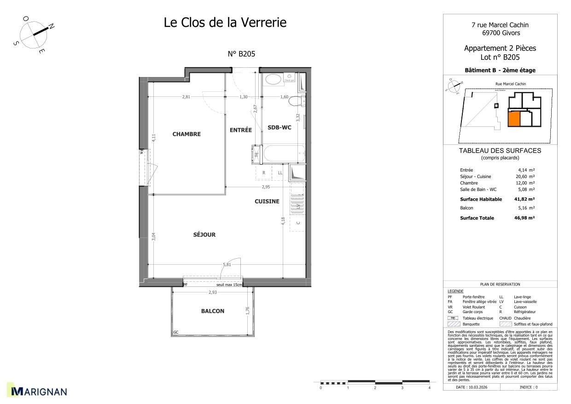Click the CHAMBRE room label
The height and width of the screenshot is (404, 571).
(x=186, y=134)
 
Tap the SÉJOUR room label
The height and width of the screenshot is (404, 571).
(x=204, y=235)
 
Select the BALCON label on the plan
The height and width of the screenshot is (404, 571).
(x=212, y=311)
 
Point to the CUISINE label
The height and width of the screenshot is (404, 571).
(x=267, y=201)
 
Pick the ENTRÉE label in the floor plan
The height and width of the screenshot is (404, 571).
(x=240, y=130)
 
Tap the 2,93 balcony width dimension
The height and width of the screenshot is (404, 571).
(x=212, y=292)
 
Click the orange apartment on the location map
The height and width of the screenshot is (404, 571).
(x=513, y=118)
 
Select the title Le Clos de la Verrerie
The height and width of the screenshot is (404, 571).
(x=225, y=22)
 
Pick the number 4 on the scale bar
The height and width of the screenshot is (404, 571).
(x=429, y=388)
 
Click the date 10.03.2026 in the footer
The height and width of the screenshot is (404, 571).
(x=471, y=387)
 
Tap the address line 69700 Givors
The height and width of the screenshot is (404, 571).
(x=501, y=33)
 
